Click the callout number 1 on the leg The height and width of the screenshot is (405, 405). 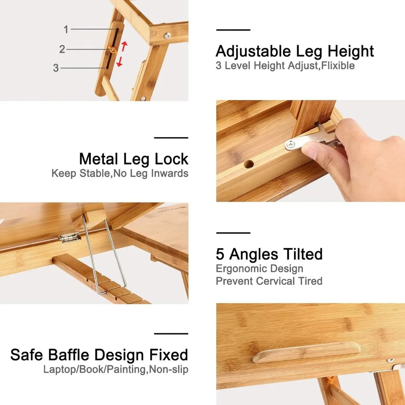click(x=66, y=29)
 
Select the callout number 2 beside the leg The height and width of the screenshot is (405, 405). click(x=62, y=49)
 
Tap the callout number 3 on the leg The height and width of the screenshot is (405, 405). click(x=56, y=68)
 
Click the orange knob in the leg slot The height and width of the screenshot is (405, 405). click(x=113, y=49)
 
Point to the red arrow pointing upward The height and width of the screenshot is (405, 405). click(x=124, y=46)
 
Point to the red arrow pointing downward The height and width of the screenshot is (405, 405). click(x=119, y=62)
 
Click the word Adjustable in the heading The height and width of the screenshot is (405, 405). click(x=253, y=51)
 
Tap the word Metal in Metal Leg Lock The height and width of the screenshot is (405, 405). click(x=99, y=159)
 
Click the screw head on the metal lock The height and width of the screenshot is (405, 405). click(x=291, y=145)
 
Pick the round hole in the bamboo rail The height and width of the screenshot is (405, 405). click(x=249, y=164)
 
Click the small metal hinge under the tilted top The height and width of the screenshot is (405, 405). click(x=69, y=237)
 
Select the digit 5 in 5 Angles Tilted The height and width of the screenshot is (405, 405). click(x=220, y=254)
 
